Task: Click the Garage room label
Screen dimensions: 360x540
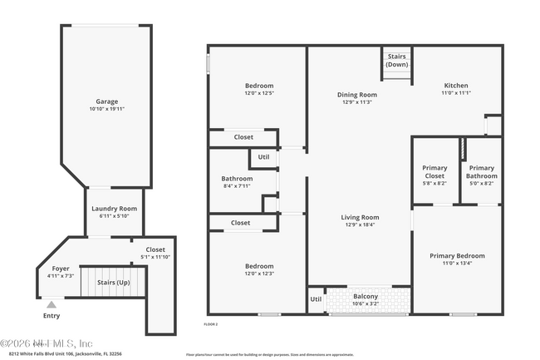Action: (x=107, y=101)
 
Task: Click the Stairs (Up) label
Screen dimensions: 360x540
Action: (x=112, y=283)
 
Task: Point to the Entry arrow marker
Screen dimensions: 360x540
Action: (x=52, y=305)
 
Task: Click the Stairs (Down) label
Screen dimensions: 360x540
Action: (x=397, y=61)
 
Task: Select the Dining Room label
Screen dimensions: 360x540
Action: (x=357, y=95)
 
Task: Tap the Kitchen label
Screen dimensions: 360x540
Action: (x=455, y=86)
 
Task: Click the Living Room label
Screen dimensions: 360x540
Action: (x=360, y=217)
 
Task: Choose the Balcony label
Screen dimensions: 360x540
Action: (x=366, y=297)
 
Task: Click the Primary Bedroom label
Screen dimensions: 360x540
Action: (x=457, y=256)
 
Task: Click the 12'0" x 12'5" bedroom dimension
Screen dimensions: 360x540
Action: (x=258, y=93)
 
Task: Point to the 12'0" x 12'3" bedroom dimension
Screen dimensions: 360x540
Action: (x=258, y=274)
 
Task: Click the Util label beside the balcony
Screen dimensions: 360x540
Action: (x=316, y=299)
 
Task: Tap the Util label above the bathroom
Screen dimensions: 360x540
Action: (x=263, y=156)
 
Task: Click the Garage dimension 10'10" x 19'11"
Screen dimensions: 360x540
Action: (x=107, y=109)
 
